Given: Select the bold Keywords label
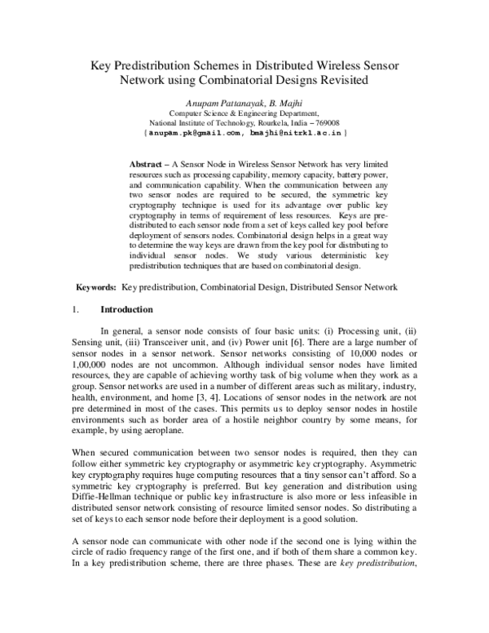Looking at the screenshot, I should (96, 287).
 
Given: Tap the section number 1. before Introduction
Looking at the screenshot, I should (77, 310).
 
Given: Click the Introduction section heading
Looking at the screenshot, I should (126, 310).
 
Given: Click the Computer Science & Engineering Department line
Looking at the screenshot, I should (244, 112).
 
